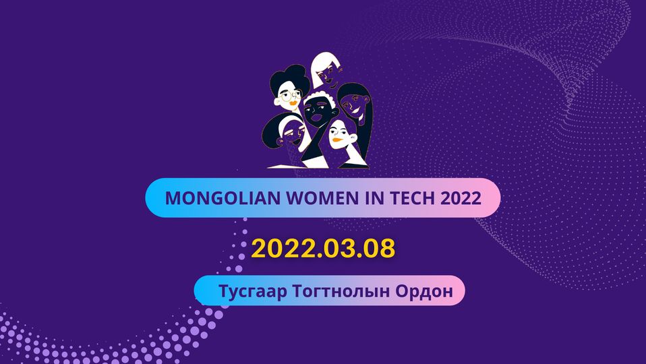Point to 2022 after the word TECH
pyautogui.click(x=461, y=198)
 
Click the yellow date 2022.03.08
pyautogui.click(x=323, y=248)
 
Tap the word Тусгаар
pyautogui.click(x=253, y=291)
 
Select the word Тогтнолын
pyautogui.click(x=341, y=291)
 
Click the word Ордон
pyautogui.click(x=424, y=291)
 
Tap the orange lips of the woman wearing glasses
pyautogui.click(x=293, y=103)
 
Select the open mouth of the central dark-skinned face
pyautogui.click(x=316, y=118)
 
